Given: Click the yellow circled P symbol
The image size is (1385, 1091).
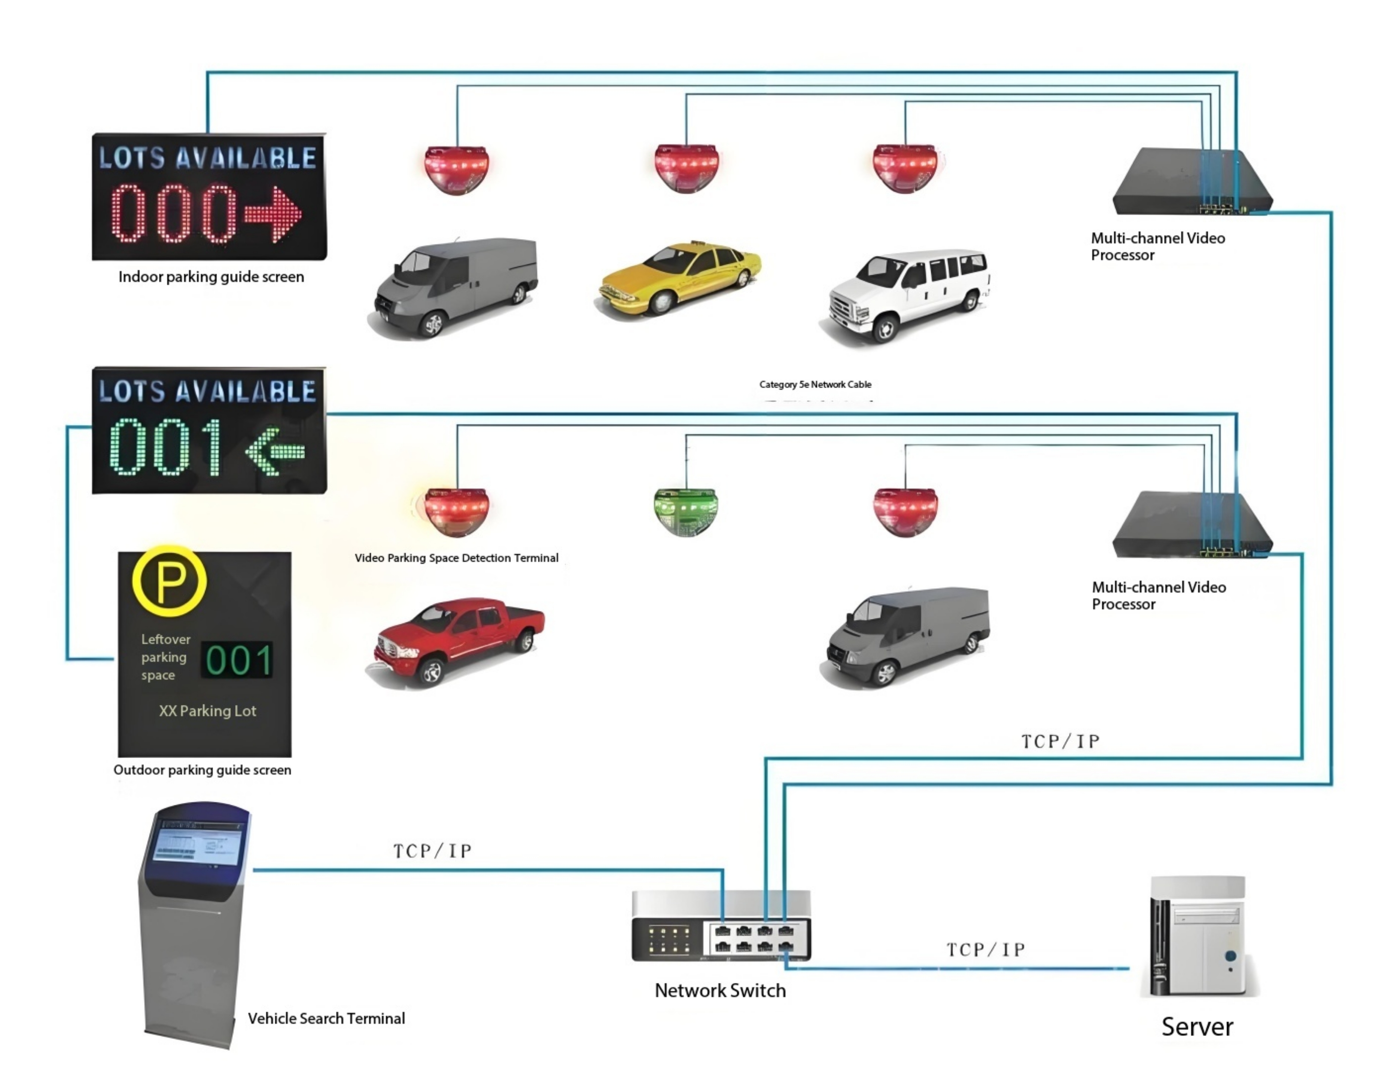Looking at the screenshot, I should coord(169,581).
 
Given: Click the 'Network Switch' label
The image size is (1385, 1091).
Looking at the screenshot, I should coord(720,991).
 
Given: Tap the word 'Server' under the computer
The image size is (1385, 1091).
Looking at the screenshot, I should coord(1196,1027).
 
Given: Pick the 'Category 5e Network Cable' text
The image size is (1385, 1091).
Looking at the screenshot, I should coord(815,385).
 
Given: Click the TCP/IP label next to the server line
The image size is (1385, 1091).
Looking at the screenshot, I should coord(986,950).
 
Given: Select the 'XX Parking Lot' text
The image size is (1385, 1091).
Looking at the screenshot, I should coord(207,711).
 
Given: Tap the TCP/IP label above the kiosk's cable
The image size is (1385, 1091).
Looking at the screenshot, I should coord(432,851).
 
